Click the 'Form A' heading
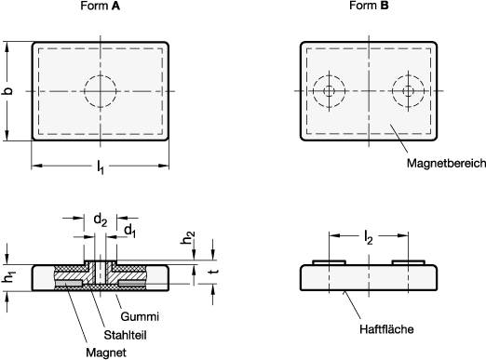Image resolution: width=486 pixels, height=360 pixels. click(x=101, y=7)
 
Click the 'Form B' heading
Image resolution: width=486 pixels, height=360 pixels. click(x=370, y=7)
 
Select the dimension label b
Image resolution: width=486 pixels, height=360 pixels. click(x=8, y=90)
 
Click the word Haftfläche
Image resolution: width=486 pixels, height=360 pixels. click(x=385, y=328)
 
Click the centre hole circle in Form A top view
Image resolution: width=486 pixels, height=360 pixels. click(x=101, y=90)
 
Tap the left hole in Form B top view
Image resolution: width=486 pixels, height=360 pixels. click(x=329, y=90)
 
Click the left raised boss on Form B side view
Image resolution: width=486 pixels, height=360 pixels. click(x=329, y=262)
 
